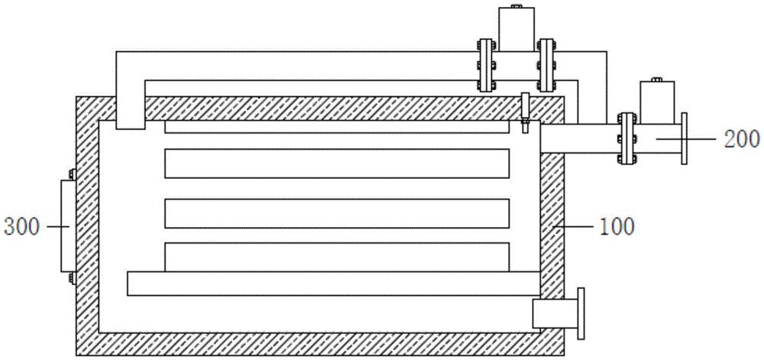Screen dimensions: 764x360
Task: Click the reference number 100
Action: coord(618,227)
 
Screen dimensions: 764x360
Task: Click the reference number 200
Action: coord(743,138)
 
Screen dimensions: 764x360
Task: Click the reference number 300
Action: coord(21,227)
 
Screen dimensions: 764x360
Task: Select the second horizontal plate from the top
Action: coord(337,164)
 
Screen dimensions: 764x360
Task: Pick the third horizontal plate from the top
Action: coord(337,213)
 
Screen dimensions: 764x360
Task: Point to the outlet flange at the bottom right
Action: coord(581,313)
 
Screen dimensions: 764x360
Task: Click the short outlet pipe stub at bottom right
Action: coord(549,313)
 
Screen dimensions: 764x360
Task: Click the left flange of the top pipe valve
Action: coord(484,64)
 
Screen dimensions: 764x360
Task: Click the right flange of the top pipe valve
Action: coord(545,64)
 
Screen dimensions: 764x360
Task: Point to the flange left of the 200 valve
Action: coord(626,138)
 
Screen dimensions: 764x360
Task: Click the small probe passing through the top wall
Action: coord(525,112)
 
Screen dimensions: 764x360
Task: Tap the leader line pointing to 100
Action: coord(576,227)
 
